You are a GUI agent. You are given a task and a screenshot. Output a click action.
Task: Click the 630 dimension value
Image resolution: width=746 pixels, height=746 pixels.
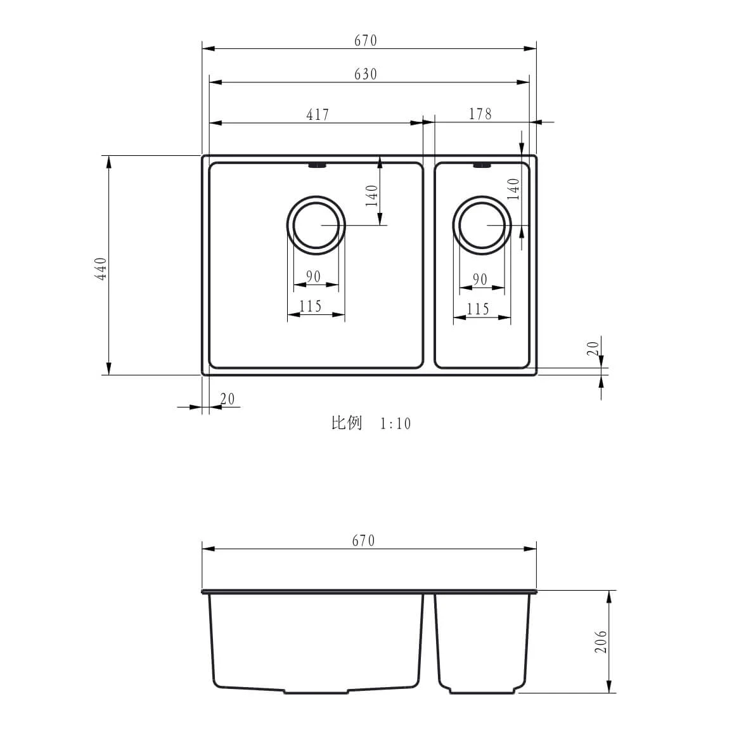(x=365, y=74)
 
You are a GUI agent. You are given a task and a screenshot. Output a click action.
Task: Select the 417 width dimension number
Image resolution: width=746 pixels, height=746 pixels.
(x=318, y=115)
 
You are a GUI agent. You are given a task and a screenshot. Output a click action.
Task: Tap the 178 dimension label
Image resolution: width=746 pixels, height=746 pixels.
(x=480, y=113)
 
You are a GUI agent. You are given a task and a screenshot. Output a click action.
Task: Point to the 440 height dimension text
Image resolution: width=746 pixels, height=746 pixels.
(x=101, y=268)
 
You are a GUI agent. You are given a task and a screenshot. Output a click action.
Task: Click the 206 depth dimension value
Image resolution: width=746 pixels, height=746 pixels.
(x=601, y=641)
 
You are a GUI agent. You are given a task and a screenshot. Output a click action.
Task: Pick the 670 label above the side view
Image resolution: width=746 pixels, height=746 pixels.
(x=363, y=541)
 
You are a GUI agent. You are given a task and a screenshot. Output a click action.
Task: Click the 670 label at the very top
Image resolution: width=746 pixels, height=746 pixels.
(x=365, y=41)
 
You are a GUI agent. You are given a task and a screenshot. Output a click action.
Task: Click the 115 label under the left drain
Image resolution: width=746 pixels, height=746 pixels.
(x=311, y=306)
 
